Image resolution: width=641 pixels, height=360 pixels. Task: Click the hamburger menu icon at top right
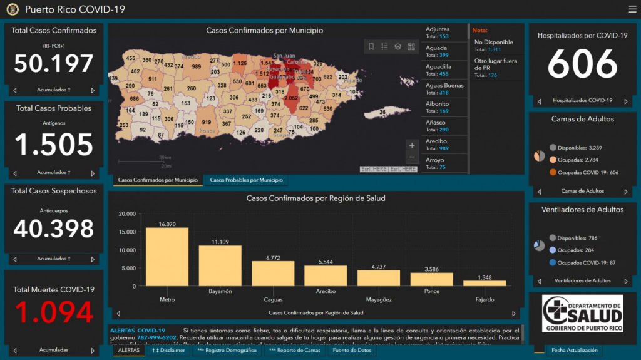632,9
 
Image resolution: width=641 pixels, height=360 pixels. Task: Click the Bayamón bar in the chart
220,266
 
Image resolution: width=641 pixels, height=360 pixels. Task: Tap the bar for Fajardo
485,283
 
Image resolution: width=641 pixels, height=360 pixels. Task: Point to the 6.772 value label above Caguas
272,257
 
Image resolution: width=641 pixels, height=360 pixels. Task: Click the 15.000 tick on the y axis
126,232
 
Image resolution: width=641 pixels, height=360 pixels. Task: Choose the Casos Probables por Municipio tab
246,180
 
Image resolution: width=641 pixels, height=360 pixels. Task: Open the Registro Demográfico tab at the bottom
227,351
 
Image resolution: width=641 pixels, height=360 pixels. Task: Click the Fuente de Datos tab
352,351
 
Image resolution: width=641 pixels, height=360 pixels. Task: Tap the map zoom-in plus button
411,146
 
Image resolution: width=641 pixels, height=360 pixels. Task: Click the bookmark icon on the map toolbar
371,47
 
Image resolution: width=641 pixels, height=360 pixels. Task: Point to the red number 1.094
53,312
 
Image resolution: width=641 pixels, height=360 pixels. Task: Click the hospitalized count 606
582,64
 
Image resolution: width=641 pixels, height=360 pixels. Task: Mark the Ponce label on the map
207,131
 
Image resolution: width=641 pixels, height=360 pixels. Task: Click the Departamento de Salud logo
582,313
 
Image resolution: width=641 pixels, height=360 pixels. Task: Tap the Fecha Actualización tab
574,351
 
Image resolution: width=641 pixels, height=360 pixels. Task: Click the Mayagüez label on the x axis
379,300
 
